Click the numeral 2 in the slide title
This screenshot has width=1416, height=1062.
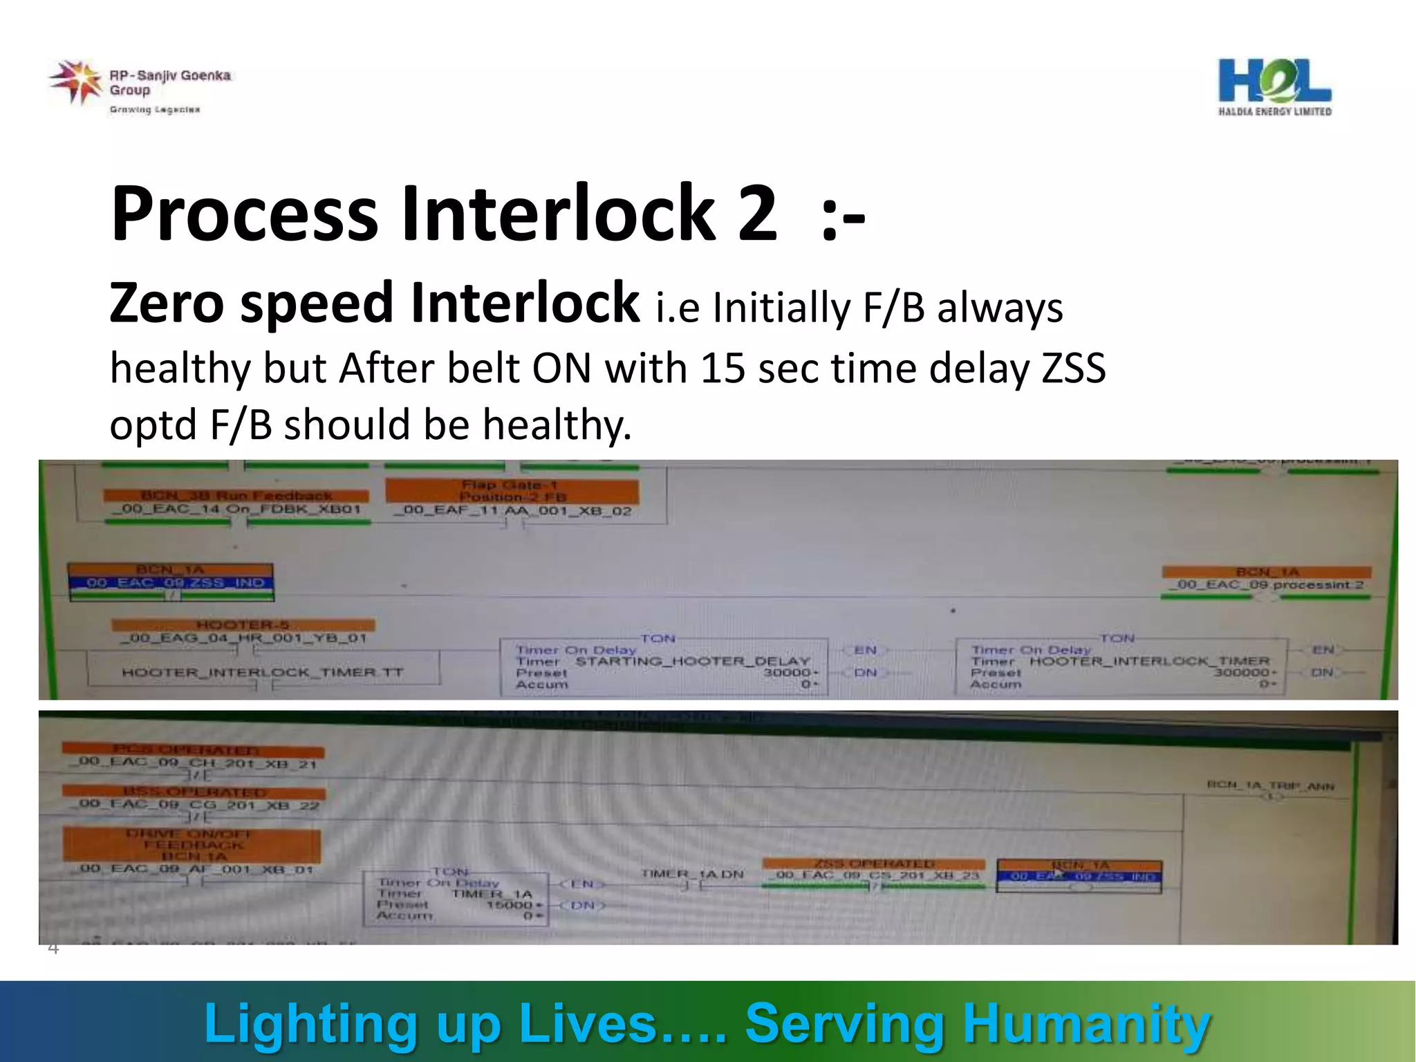(x=756, y=214)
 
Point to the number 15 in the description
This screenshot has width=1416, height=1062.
(x=723, y=369)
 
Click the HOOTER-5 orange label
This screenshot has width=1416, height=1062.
(x=243, y=625)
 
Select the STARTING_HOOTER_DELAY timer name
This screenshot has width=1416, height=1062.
(x=692, y=661)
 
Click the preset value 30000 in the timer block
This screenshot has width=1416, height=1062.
(x=787, y=673)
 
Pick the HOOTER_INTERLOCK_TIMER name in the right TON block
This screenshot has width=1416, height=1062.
(x=1149, y=661)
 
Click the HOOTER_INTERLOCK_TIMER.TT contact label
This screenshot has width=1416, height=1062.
(x=263, y=672)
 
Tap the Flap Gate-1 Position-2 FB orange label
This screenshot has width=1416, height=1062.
(x=512, y=491)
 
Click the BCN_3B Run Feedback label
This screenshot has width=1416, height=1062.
(x=236, y=495)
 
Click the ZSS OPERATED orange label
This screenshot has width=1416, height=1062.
(x=874, y=864)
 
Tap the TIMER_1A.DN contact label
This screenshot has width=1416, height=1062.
(x=692, y=874)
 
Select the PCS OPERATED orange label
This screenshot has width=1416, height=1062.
(x=192, y=750)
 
